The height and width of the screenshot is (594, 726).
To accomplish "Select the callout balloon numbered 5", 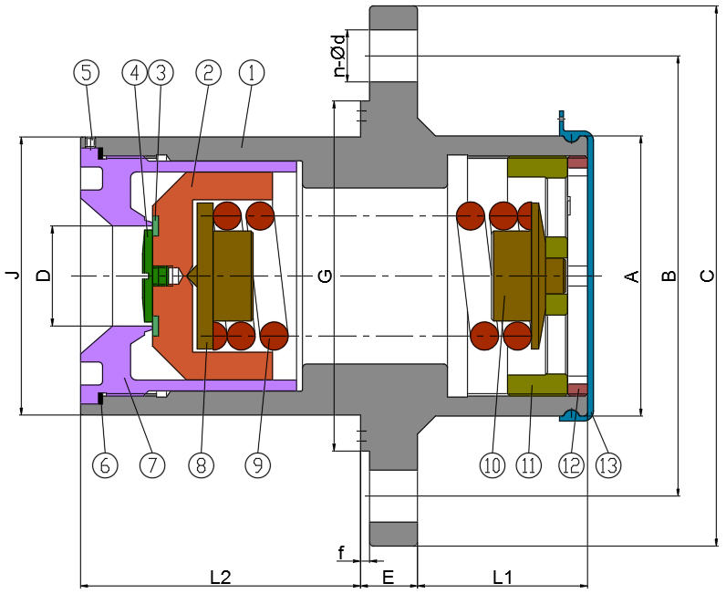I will (87, 72).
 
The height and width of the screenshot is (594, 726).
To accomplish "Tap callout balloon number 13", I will (607, 464).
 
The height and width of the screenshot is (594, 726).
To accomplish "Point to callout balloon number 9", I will (258, 464).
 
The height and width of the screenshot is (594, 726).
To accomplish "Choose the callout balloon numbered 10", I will (493, 464).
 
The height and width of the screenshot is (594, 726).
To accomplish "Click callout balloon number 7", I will (152, 464).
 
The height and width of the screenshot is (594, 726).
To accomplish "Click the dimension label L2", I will (220, 577).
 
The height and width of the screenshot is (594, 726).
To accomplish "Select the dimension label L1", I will (503, 577).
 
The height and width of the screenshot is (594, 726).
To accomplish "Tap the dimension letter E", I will (388, 577).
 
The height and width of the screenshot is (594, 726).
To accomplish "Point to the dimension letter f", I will (341, 553).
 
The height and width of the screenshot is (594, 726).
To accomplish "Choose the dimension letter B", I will (669, 275).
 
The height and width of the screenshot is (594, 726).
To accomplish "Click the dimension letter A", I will (629, 275).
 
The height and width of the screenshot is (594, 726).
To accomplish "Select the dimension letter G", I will (325, 275).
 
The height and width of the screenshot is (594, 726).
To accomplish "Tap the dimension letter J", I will (10, 275).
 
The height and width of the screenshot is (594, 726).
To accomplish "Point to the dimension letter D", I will (41, 275).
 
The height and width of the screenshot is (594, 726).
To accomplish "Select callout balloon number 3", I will (161, 72).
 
